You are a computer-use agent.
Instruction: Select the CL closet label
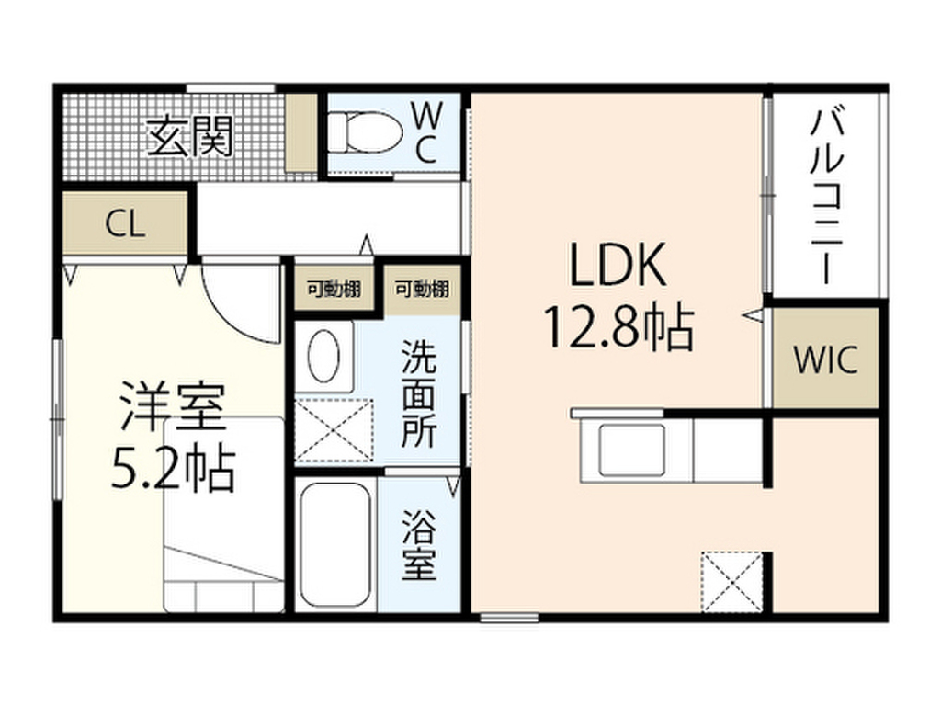click(125, 224)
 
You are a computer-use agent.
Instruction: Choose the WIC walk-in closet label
click(825, 359)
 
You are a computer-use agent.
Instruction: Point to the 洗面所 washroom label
click(418, 394)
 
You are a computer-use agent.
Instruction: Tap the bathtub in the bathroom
click(335, 546)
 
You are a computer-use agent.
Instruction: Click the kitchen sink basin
click(630, 450)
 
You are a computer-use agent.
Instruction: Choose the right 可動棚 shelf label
click(422, 290)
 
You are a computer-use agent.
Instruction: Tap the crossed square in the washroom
click(335, 429)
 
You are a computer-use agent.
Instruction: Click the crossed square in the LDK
click(732, 582)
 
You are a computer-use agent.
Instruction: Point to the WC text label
click(425, 132)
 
